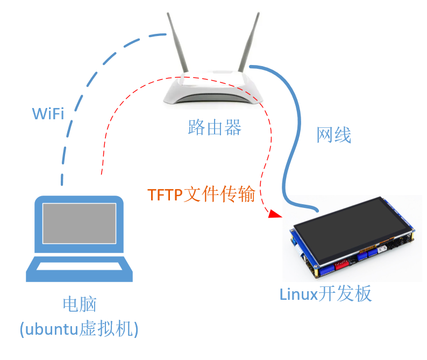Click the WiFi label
pos(48,113)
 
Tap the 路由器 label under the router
pos(215,127)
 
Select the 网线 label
pos(333,135)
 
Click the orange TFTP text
pos(165,195)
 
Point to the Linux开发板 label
pos(325,294)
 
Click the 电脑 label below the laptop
pos(80,305)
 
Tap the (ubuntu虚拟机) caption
pos(79,328)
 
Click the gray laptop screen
pos(80,222)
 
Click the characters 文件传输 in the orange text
pos(219,195)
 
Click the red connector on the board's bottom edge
pos(342,264)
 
